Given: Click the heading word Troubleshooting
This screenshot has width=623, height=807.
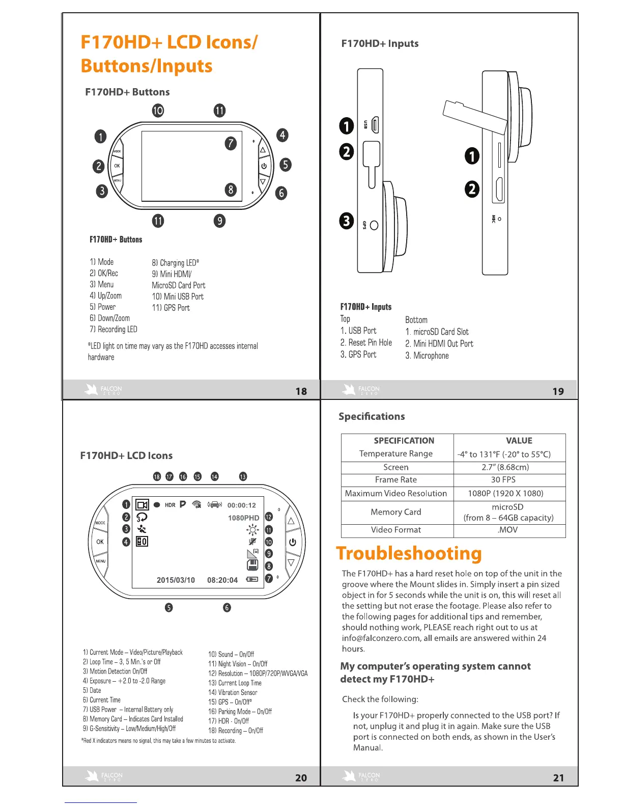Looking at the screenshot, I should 409,554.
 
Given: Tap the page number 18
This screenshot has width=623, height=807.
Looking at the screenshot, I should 301,391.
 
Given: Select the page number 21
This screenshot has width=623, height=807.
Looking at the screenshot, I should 558,778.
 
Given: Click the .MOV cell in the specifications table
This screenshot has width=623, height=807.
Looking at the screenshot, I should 508,530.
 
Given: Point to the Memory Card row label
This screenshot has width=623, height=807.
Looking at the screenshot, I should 396,512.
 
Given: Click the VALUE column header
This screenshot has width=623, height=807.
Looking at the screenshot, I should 519,441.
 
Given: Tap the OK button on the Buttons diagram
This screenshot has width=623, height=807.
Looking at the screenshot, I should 117,166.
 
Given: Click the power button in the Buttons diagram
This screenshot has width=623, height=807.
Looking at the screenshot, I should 264,166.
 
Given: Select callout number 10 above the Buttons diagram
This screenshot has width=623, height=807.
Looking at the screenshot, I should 158,111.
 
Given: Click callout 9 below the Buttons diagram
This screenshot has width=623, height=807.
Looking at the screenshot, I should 219,221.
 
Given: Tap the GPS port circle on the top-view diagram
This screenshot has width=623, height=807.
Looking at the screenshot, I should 374,225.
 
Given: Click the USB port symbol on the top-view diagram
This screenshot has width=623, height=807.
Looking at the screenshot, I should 375,124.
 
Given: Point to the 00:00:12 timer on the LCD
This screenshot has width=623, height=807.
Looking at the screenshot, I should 241,505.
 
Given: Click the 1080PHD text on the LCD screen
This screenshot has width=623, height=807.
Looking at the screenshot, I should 243,518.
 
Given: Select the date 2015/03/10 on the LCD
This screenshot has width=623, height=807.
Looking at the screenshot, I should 176,580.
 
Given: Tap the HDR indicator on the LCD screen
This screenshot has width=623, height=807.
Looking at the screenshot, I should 170,505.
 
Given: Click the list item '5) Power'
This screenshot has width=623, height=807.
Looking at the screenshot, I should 103,307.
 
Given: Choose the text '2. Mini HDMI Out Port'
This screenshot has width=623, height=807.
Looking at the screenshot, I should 439,344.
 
